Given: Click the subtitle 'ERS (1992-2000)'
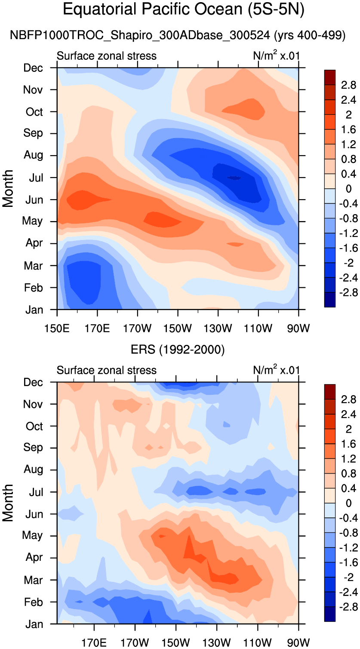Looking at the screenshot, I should click(x=178, y=350).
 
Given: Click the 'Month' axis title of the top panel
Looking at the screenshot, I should click(x=9, y=188).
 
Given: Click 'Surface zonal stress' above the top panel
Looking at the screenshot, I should click(x=107, y=56).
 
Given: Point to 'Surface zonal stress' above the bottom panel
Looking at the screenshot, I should click(x=107, y=370).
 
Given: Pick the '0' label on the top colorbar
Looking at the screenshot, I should click(x=348, y=189).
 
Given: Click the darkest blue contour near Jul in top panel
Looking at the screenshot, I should click(x=234, y=178).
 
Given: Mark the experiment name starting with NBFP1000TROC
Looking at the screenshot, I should click(x=177, y=36).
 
